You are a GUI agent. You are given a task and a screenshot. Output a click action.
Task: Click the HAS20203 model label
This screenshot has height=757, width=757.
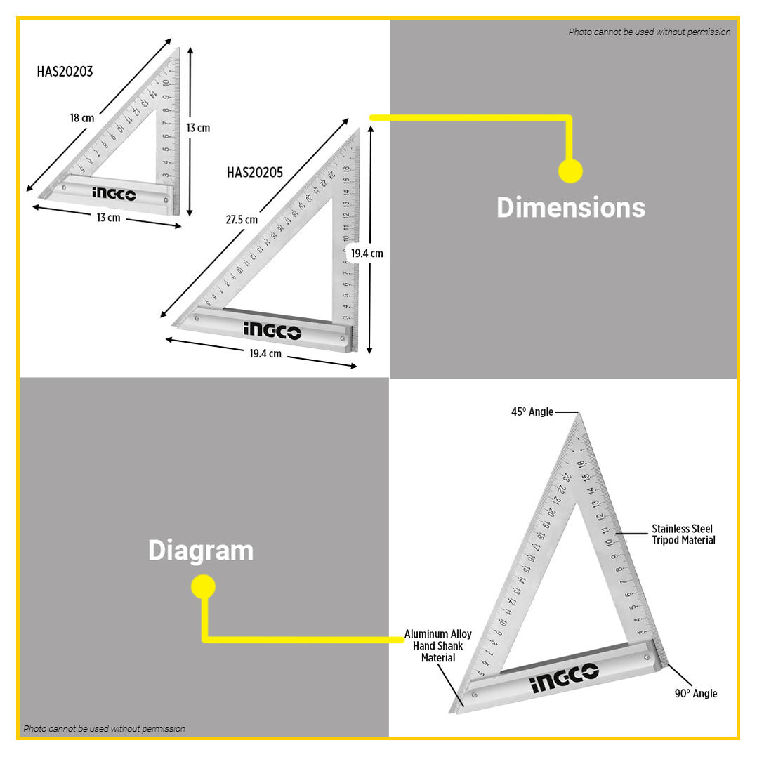point(65,72)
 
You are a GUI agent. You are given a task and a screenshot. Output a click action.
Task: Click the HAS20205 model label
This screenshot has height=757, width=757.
point(255,173)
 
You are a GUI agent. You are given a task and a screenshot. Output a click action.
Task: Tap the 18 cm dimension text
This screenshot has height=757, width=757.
point(81,118)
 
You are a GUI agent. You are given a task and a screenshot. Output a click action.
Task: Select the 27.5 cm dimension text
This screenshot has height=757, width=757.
point(242,220)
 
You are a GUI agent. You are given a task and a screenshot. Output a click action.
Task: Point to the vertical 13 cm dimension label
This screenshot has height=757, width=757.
point(198,128)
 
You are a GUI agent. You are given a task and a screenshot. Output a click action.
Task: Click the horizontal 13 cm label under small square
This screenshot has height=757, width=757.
point(108,218)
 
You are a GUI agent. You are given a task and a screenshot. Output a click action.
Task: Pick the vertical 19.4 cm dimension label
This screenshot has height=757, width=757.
point(367,253)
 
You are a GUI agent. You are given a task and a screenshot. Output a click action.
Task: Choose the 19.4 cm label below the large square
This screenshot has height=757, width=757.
point(265,354)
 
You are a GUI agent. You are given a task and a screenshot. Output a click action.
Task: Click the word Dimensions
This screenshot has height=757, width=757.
point(570,208)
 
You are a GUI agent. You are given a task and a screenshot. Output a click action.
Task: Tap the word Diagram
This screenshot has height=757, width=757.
point(200,551)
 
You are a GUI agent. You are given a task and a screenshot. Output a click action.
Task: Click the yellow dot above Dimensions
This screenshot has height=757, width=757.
point(570,171)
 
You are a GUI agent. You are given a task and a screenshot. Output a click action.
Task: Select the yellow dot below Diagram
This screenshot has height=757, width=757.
point(203,586)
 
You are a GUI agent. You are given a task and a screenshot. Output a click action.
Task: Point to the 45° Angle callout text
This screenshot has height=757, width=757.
point(532,412)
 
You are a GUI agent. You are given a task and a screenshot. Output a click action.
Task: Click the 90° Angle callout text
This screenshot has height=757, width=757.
point(695,693)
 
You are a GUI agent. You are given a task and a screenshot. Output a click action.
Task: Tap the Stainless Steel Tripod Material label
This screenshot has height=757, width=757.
point(683,534)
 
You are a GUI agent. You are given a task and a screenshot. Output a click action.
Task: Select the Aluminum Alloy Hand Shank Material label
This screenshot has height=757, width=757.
point(438,646)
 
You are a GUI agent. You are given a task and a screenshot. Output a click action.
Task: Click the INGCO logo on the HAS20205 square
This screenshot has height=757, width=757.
point(272,330)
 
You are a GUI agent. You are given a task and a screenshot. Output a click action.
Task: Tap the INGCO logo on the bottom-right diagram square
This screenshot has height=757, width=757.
point(564,678)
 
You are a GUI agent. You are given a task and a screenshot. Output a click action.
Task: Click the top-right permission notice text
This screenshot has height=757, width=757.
point(649,32)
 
